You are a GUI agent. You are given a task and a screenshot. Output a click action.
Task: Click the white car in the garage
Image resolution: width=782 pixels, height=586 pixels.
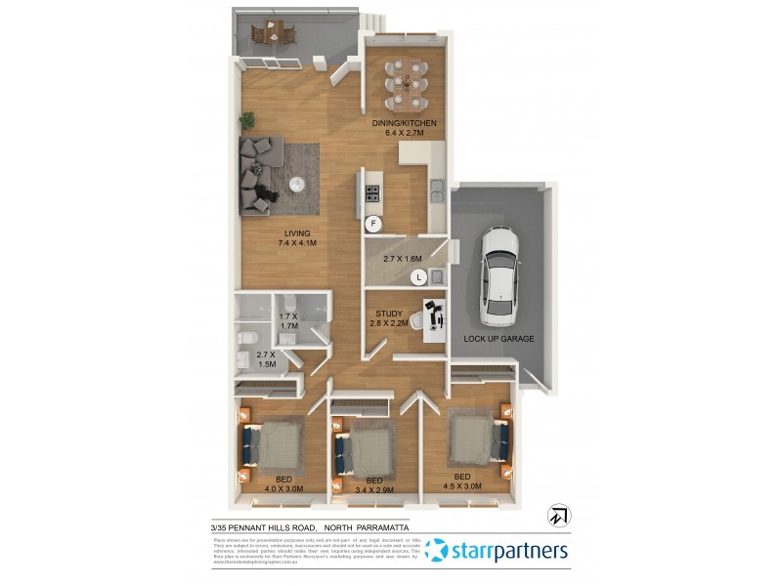[500, 275]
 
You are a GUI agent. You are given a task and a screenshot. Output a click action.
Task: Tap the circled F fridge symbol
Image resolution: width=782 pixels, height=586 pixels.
[372, 224]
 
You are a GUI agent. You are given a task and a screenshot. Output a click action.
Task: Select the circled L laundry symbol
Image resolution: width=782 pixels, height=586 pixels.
[418, 277]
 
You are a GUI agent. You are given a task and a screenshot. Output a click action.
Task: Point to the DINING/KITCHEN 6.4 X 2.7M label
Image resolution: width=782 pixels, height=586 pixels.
[404, 128]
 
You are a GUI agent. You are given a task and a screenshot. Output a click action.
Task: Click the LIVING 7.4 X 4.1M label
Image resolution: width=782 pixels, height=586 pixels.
[297, 238]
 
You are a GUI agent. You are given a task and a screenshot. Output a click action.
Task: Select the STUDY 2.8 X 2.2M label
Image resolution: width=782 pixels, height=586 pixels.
[389, 319]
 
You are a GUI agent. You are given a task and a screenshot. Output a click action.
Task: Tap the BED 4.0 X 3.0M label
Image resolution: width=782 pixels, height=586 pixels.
[282, 484]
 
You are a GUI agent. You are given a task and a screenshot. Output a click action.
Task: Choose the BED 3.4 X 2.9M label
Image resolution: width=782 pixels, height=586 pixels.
[373, 485]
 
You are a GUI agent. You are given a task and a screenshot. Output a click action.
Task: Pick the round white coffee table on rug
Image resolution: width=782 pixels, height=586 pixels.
[298, 182]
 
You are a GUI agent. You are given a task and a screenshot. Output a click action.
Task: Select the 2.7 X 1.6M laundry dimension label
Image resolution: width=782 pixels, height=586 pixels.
[402, 259]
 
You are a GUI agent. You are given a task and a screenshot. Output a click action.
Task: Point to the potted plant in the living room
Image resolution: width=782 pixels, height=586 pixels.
[248, 121]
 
